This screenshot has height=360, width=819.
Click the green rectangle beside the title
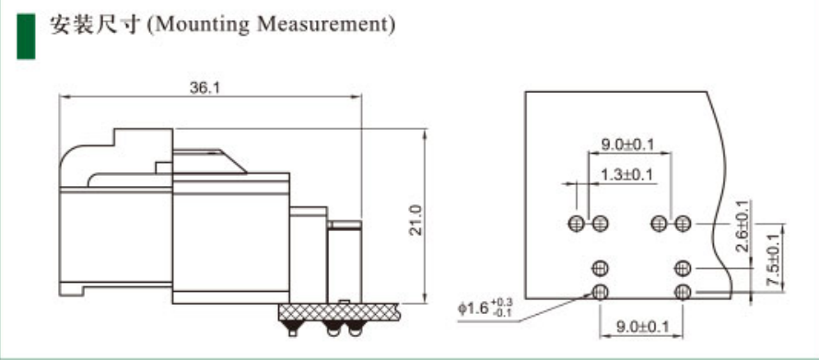(26, 36)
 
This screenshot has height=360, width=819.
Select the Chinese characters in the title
(95, 25)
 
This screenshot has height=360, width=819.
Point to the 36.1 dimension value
(205, 87)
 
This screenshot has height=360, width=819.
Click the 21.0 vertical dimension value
(415, 220)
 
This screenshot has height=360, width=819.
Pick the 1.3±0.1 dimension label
(626, 175)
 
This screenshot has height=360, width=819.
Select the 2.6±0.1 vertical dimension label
(743, 226)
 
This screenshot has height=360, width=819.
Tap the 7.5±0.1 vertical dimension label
(775, 260)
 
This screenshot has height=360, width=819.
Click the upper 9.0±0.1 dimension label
(627, 145)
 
